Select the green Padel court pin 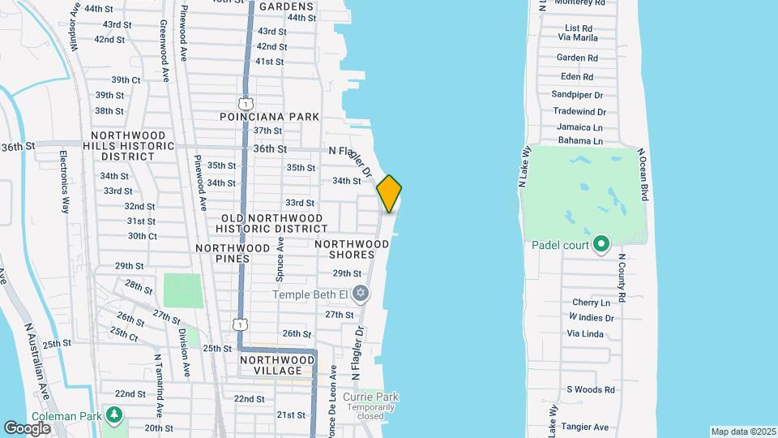(601, 244)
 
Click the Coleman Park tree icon (114, 415)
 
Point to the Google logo (27, 427)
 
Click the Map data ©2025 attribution (742, 432)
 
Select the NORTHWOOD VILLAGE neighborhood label (276, 365)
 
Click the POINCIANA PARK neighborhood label (270, 117)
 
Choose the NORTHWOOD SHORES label (352, 249)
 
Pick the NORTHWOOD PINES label (233, 253)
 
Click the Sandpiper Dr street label (579, 94)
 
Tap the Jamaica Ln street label (579, 127)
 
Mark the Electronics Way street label (63, 180)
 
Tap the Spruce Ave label (280, 259)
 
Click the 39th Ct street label (126, 79)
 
